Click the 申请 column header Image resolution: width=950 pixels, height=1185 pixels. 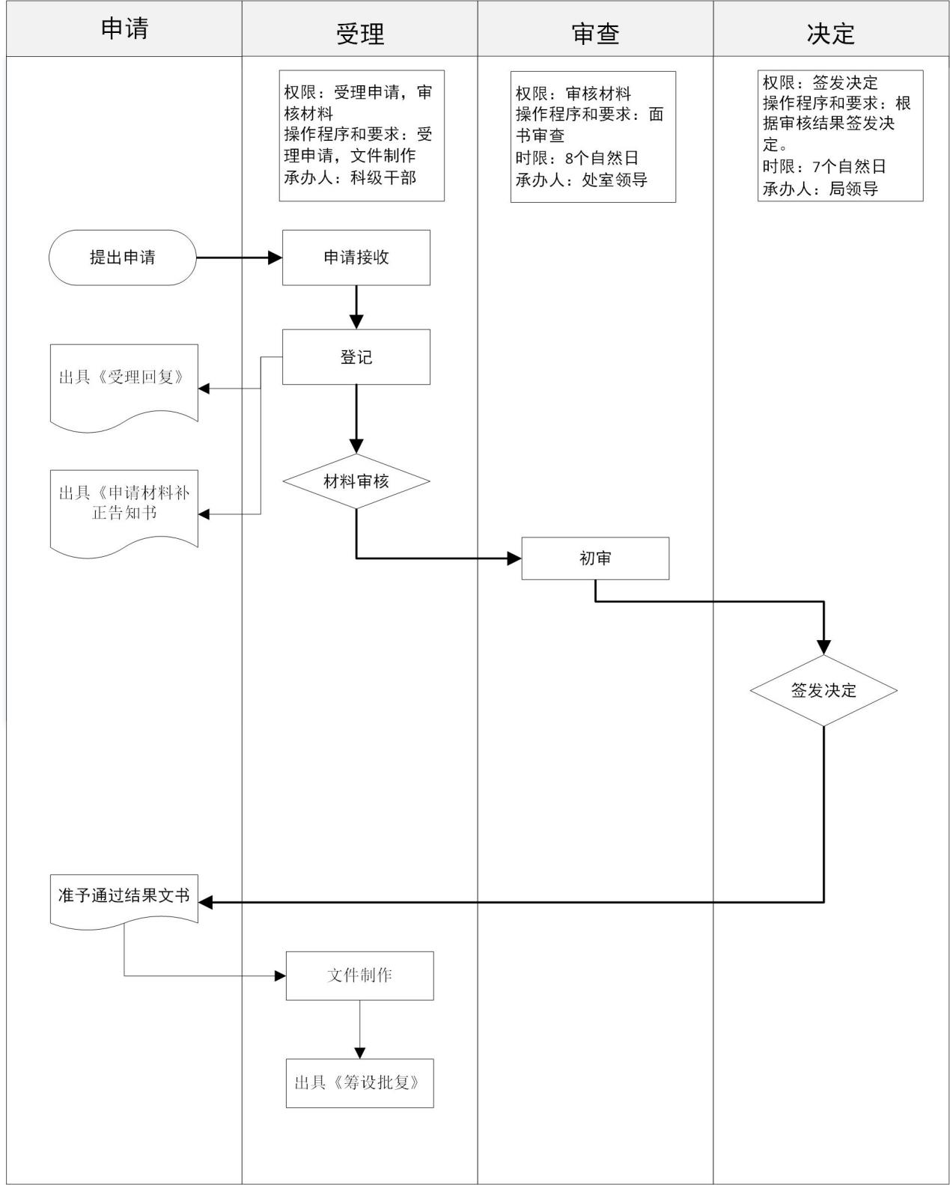coord(124,28)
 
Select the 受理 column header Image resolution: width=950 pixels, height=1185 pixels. coord(359,33)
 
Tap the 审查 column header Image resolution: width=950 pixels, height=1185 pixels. coord(595,33)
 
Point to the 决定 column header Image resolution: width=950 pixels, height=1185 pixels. coord(830,33)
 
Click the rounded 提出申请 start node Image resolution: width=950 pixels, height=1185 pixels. coord(123,258)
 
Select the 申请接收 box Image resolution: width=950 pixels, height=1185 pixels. coord(356,258)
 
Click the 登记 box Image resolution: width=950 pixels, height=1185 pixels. coord(356,357)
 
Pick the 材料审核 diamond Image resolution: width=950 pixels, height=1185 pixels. coord(356,481)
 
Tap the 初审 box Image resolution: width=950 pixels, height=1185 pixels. coord(595,558)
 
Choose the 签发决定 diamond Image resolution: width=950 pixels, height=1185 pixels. coord(823,690)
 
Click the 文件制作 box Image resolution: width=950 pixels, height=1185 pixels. coord(359,975)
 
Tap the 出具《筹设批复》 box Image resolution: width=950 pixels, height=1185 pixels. coord(359,1083)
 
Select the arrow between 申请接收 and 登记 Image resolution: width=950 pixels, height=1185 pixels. coord(356,307)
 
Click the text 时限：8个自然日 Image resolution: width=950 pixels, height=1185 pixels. coord(576,158)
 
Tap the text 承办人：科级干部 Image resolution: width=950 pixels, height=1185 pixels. coord(350,177)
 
